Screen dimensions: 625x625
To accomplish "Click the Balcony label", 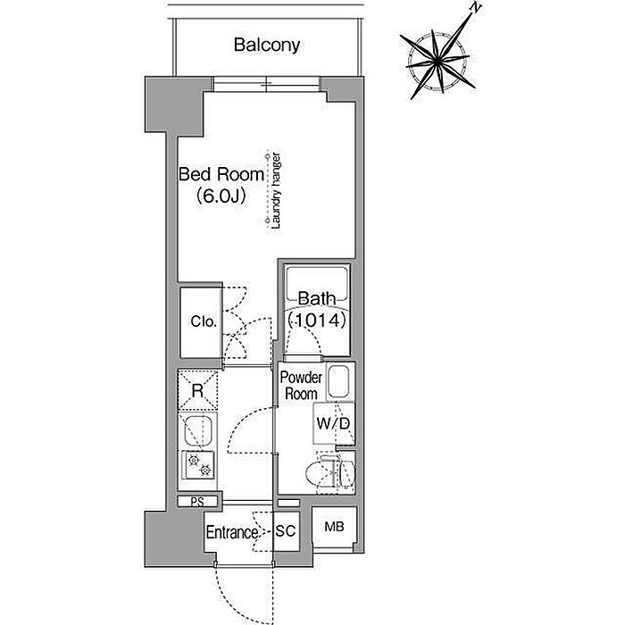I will (266, 44).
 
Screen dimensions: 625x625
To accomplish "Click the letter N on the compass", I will (478, 9).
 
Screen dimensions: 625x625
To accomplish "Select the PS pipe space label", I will (196, 501).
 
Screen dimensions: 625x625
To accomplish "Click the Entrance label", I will (232, 533).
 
